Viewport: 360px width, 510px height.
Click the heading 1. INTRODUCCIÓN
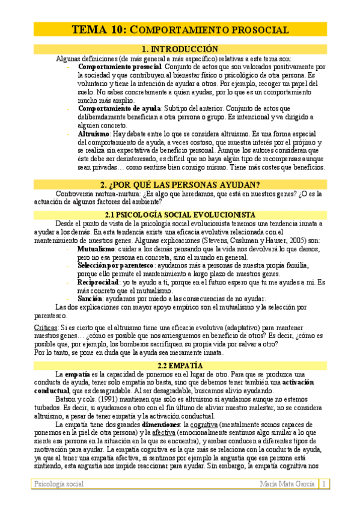pos(180,49)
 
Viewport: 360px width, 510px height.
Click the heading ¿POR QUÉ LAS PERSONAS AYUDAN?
pos(180,184)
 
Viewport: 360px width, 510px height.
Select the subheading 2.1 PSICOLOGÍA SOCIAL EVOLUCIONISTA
pos(180,215)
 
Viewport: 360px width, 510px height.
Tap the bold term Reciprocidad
pos(98,282)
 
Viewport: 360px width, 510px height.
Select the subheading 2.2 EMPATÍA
pos(180,365)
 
